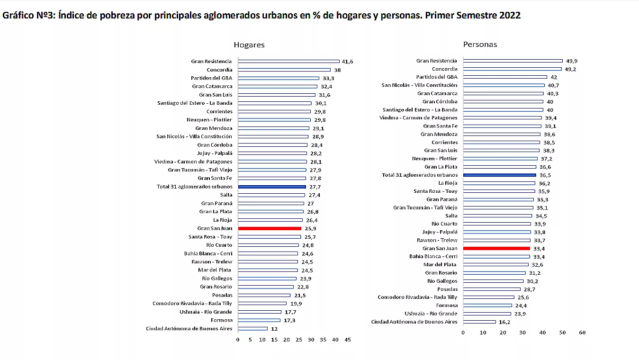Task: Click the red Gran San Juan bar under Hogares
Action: tap(269, 228)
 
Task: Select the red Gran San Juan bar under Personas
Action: tap(496, 248)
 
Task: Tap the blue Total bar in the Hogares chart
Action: tap(271, 187)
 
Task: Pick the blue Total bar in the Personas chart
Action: tap(499, 175)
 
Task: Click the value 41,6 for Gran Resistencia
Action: tap(348, 62)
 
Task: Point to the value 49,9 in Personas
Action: tap(572, 61)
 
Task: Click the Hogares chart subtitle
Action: tap(249, 45)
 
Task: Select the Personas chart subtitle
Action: tap(480, 44)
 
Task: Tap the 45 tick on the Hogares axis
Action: tap(348, 340)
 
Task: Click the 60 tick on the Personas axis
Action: tap(582, 333)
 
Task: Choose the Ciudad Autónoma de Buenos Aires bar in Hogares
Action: tap(252, 329)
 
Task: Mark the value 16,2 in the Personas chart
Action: tap(504, 322)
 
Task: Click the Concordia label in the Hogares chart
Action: tap(219, 70)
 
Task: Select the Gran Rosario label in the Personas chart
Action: tap(441, 273)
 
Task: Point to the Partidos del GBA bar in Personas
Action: tap(505, 77)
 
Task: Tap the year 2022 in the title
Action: tap(510, 15)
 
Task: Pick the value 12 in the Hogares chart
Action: tap(274, 329)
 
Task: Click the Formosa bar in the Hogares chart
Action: tap(259, 320)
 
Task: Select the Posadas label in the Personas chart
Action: tap(447, 289)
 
